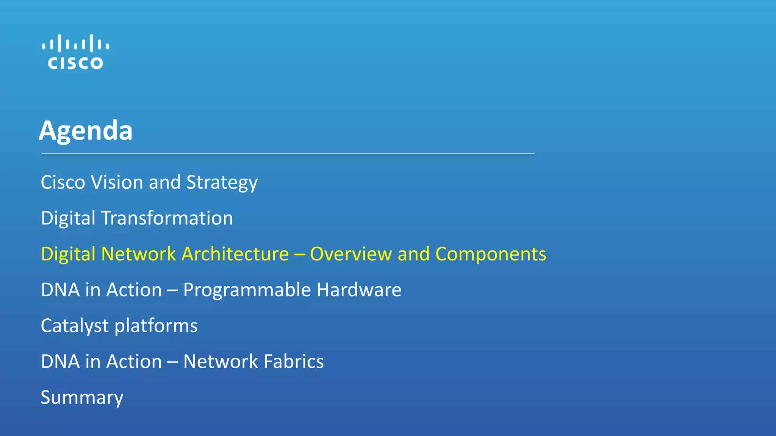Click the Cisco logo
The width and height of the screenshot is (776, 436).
click(75, 52)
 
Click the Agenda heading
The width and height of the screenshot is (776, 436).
click(86, 131)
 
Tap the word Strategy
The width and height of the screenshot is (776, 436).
click(222, 183)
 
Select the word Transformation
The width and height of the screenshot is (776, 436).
click(167, 218)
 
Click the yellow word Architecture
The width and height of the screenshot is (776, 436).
click(235, 254)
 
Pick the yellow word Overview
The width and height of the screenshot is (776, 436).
click(351, 254)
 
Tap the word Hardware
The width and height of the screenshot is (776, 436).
click(359, 290)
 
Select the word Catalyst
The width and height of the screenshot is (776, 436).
click(75, 326)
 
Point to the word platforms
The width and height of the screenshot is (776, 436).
click(156, 326)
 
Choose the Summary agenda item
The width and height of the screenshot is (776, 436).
click(82, 397)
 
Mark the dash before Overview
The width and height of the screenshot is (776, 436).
click(299, 254)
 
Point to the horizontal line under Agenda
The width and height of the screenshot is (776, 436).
click(288, 154)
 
